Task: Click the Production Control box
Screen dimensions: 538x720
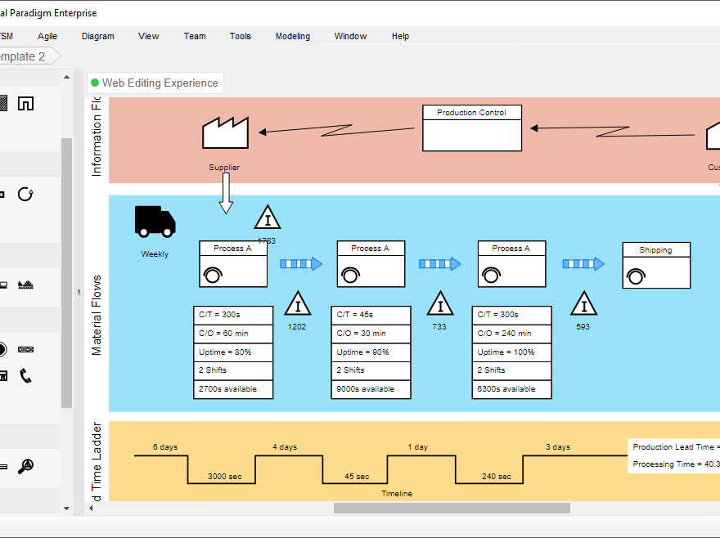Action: (472, 128)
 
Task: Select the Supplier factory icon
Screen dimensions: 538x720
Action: (225, 133)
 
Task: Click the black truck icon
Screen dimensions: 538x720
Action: (155, 221)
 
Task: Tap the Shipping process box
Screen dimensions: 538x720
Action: (656, 265)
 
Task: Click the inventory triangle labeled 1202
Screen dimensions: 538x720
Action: (297, 305)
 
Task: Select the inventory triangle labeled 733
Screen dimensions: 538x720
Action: (440, 305)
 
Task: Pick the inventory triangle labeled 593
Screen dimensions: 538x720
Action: (583, 305)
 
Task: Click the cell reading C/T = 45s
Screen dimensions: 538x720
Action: (371, 315)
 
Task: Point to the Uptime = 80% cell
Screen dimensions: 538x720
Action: (233, 352)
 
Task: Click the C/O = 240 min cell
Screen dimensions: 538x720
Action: (511, 334)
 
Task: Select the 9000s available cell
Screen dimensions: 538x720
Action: (371, 389)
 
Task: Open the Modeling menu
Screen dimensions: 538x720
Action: (293, 36)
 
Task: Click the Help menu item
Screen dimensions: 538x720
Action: (400, 36)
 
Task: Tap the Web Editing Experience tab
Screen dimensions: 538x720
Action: (155, 83)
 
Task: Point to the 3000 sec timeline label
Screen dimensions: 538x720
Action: (224, 476)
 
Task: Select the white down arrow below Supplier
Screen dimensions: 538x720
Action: (226, 195)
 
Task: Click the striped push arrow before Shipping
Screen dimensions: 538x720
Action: (583, 263)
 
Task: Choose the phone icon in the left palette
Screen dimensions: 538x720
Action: (26, 375)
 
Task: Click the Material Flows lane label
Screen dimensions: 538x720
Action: (97, 315)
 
